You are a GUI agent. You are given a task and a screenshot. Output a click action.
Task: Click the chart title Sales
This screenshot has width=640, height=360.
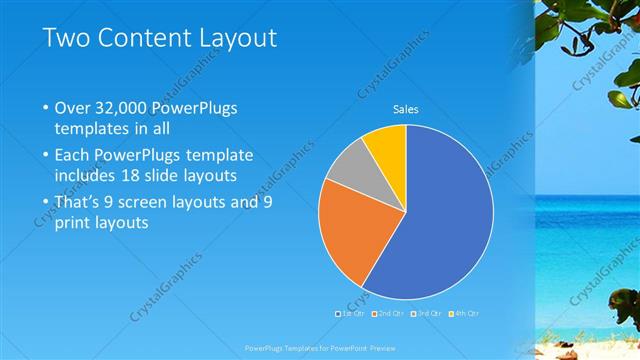click(x=405, y=109)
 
